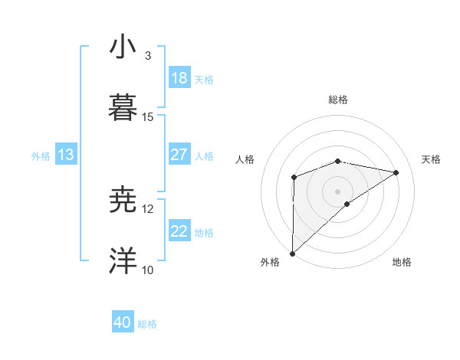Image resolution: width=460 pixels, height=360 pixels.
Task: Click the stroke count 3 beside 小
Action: [148, 56]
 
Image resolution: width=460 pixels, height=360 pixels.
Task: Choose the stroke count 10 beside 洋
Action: [148, 270]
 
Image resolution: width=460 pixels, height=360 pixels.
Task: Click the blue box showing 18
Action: [179, 78]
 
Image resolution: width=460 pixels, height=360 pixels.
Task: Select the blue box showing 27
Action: [179, 155]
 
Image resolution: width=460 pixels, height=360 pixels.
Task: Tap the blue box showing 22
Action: [179, 231]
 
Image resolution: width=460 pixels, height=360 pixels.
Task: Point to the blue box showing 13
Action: [66, 155]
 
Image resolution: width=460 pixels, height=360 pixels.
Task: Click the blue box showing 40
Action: [123, 323]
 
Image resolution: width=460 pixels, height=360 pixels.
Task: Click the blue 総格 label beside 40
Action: [148, 324]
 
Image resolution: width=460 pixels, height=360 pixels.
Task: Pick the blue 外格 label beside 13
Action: [41, 155]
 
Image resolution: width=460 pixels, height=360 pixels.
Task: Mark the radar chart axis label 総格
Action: [338, 100]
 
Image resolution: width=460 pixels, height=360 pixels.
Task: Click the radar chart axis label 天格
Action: [432, 159]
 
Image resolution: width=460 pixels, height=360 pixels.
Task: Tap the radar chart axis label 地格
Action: [402, 262]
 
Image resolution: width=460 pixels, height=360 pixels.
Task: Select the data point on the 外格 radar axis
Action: [292, 253]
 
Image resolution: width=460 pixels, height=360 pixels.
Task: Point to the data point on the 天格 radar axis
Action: [396, 172]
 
